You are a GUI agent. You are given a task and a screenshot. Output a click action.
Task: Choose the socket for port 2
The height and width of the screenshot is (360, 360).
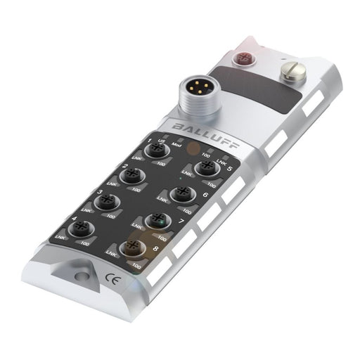coord(131,175)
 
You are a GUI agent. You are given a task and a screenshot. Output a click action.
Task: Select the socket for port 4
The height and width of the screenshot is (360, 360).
coord(85,229)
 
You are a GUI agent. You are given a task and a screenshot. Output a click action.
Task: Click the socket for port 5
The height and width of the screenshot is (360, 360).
coord(205,167)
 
